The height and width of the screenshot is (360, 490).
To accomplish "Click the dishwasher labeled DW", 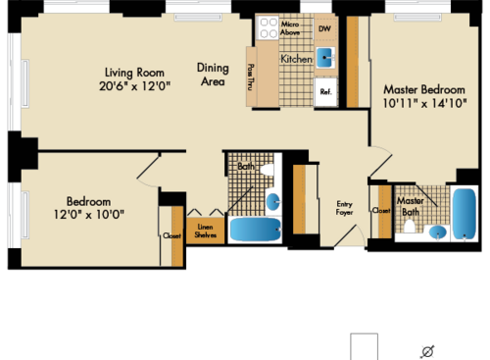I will click(x=325, y=28).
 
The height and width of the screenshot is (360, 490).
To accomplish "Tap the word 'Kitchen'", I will click(x=297, y=60).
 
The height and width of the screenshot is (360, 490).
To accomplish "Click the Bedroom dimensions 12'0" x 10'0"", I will click(x=89, y=214).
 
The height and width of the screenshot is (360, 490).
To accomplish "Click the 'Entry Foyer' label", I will click(x=344, y=208).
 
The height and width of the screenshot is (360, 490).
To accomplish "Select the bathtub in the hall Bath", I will click(x=258, y=230).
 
